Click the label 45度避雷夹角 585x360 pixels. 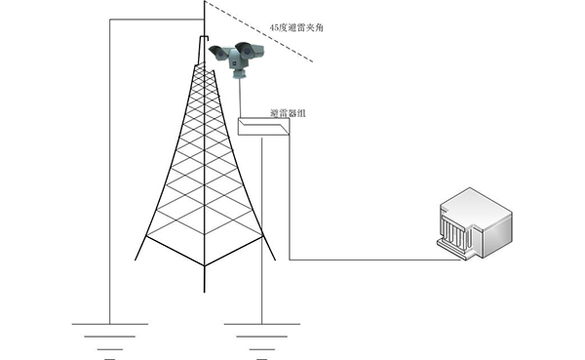pyautogui.click(x=296, y=27)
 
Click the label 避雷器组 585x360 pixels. pyautogui.click(x=288, y=113)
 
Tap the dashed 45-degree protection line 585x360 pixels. pyautogui.click(x=258, y=31)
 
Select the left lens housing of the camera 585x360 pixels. pyautogui.click(x=219, y=53)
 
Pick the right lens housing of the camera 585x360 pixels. pyautogui.click(x=250, y=50)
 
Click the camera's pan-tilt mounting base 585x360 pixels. pyautogui.click(x=239, y=75)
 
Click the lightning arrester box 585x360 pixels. pyautogui.click(x=264, y=126)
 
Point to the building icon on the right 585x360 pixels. pyautogui.click(x=475, y=223)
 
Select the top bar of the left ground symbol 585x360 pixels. pyautogui.click(x=109, y=324)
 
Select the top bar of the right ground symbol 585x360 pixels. pyautogui.click(x=262, y=324)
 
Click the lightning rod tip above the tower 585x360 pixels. pyautogui.click(x=205, y=2)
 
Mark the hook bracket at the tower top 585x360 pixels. pyautogui.click(x=204, y=37)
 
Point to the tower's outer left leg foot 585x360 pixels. pyautogui.click(x=136, y=260)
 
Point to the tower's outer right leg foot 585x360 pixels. pyautogui.click(x=275, y=260)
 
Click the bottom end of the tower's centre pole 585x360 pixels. pyautogui.click(x=205, y=292)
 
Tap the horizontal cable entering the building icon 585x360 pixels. pyautogui.click(x=375, y=260)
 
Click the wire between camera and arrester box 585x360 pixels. pyautogui.click(x=240, y=99)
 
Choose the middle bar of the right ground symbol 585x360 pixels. pyautogui.click(x=262, y=337)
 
